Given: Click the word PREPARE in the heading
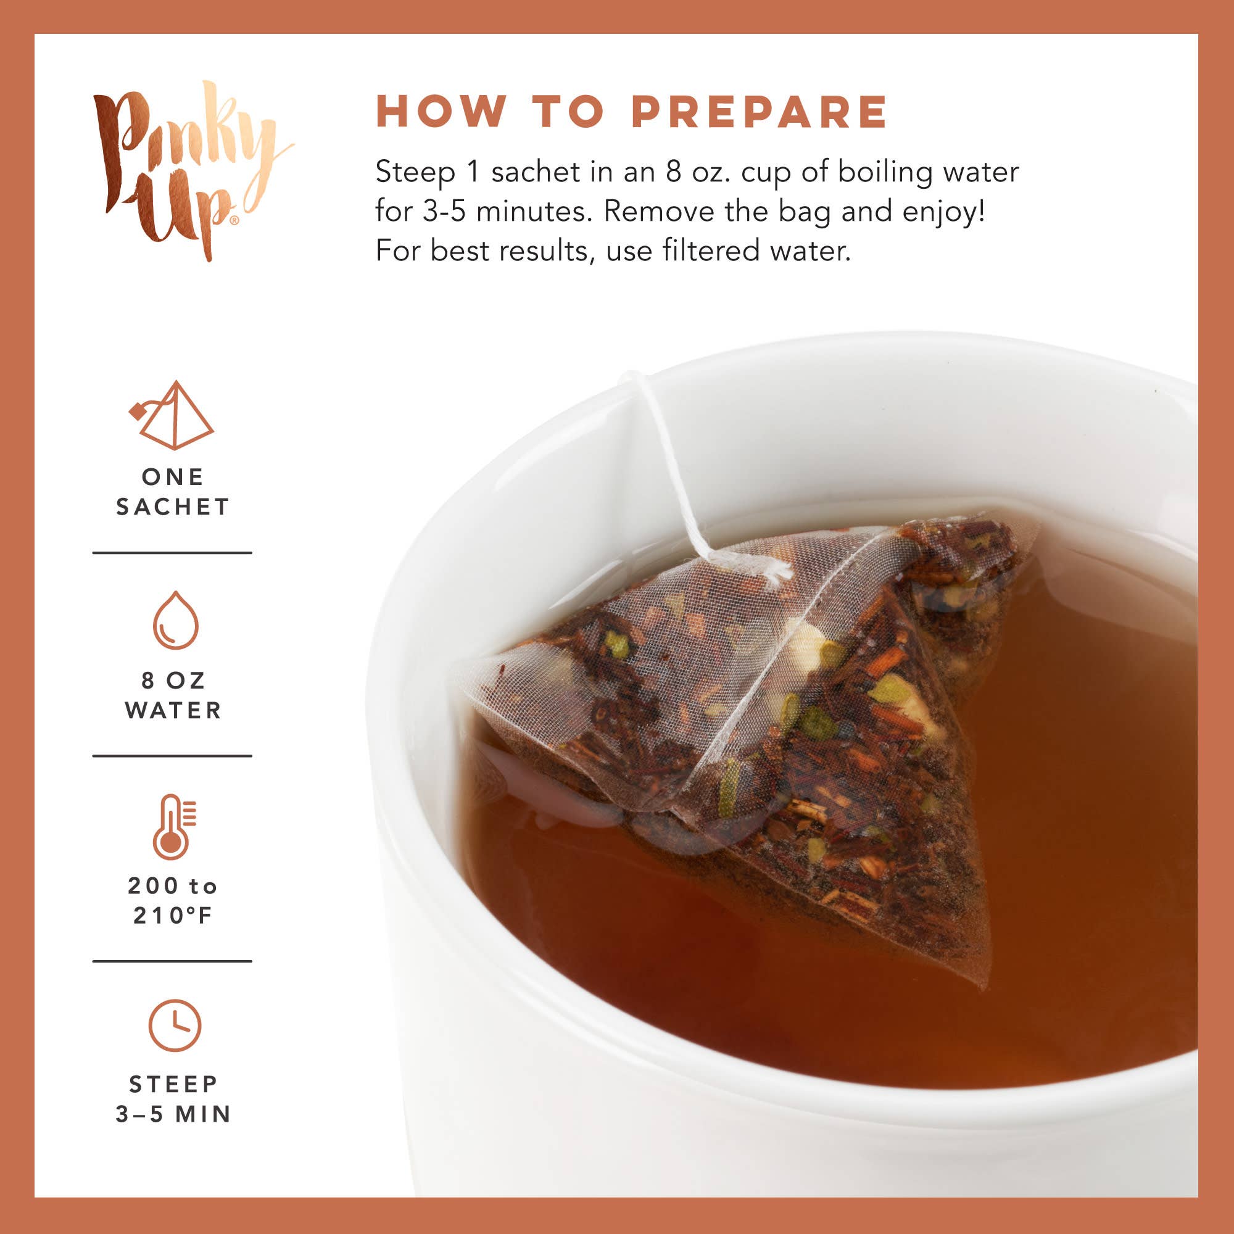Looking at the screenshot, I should tap(759, 112).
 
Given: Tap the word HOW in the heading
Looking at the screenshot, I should tap(441, 112).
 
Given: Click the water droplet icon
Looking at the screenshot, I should tap(176, 620).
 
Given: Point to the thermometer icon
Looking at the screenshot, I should tap(173, 827).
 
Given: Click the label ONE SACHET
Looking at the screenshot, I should tap(173, 492).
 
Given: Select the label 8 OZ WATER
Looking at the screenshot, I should tap(173, 695).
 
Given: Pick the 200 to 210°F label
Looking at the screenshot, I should tap(173, 901).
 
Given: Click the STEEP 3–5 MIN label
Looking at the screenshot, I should tap(173, 1099).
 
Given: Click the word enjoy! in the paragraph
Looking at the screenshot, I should tap(943, 212).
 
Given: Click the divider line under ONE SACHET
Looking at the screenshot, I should tap(173, 552).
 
